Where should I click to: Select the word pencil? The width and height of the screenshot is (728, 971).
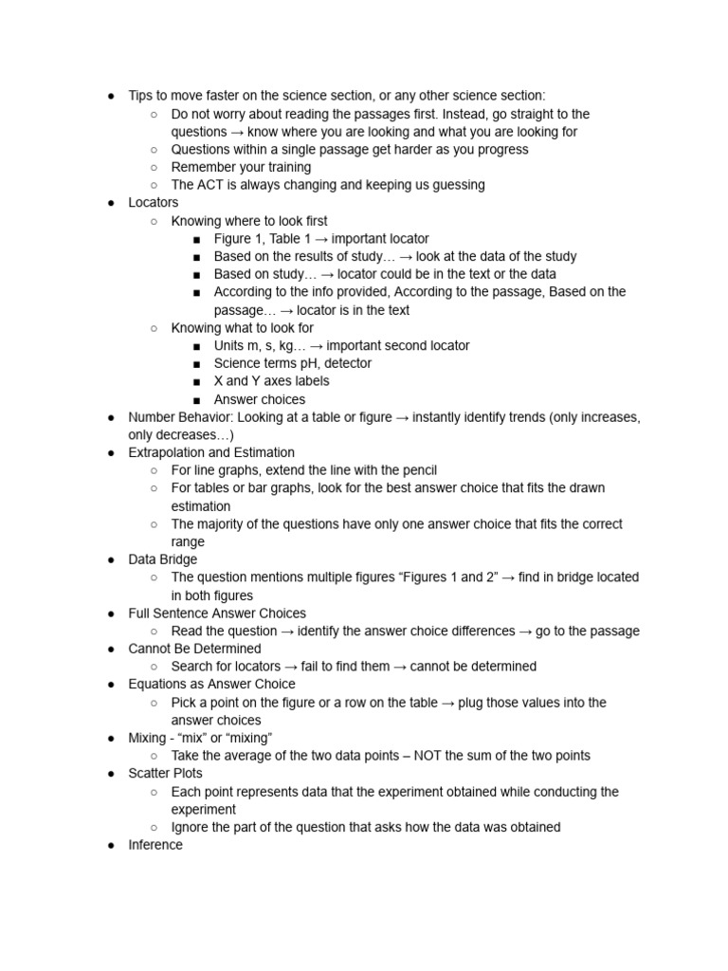pyautogui.click(x=417, y=470)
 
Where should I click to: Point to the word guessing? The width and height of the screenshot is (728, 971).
pyautogui.click(x=453, y=185)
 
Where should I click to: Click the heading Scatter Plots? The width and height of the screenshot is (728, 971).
pyautogui.click(x=166, y=774)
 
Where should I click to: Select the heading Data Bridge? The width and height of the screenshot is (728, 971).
pyautogui.click(x=163, y=559)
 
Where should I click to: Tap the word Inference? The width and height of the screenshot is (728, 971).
pyautogui.click(x=155, y=845)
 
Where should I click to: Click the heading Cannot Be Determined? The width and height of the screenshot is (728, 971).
pyautogui.click(x=195, y=649)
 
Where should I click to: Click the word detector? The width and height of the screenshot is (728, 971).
pyautogui.click(x=346, y=363)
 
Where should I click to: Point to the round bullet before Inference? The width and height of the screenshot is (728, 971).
pyautogui.click(x=112, y=845)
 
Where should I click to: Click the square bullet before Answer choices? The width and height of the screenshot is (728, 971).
pyautogui.click(x=196, y=399)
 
